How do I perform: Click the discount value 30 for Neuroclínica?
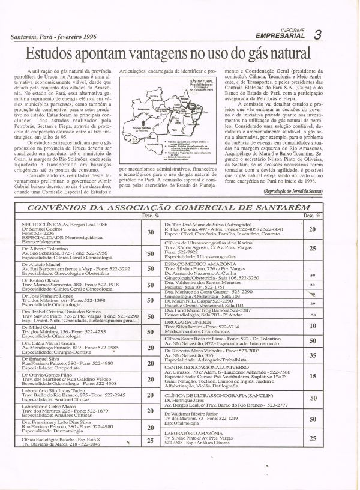pyautogui.click(x=151, y=231)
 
